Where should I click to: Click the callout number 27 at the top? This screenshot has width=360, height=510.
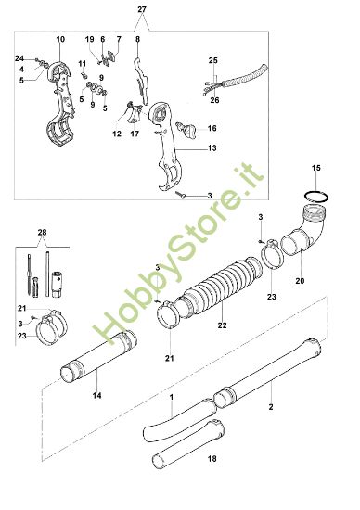coord(142,9)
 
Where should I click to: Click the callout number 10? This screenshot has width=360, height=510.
coord(60,41)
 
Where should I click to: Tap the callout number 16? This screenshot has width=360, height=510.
coord(212,128)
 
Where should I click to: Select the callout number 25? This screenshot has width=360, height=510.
coord(212,60)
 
